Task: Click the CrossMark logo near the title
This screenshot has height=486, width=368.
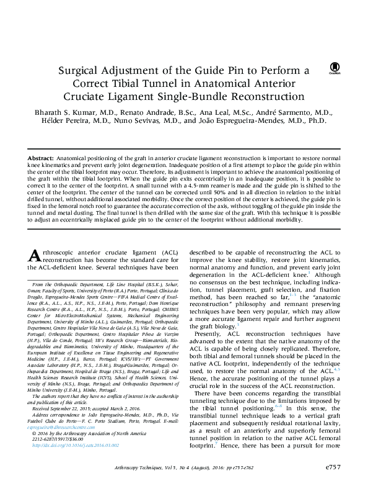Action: coord(335,68)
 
